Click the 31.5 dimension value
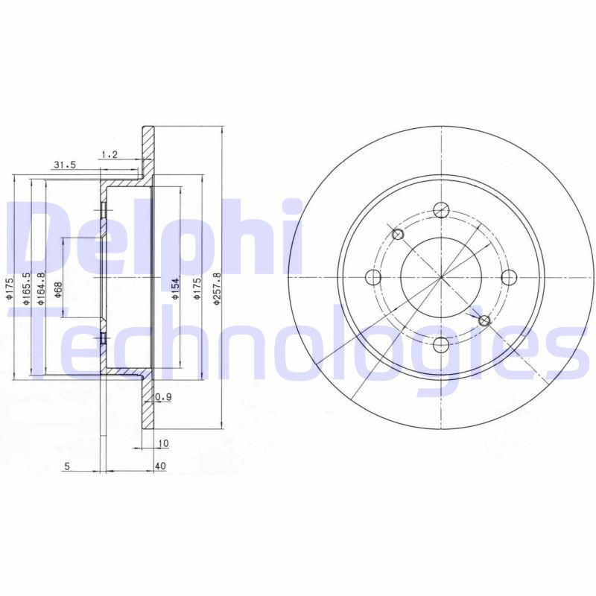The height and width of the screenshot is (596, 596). [64, 165]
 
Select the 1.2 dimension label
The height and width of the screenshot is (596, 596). [109, 154]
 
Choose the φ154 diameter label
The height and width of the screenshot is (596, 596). [176, 288]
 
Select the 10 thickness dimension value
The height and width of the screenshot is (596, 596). [163, 443]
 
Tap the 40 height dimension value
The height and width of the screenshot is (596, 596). [161, 467]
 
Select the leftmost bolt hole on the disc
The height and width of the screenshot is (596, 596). [373, 278]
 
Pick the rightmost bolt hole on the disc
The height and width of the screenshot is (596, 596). [509, 278]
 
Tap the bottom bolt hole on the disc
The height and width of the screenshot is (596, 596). [441, 344]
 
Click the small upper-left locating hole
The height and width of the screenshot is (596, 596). [398, 235]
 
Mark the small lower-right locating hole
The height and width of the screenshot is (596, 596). [484, 320]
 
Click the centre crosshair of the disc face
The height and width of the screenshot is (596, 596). [441, 278]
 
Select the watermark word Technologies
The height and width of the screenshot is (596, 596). [298, 343]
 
